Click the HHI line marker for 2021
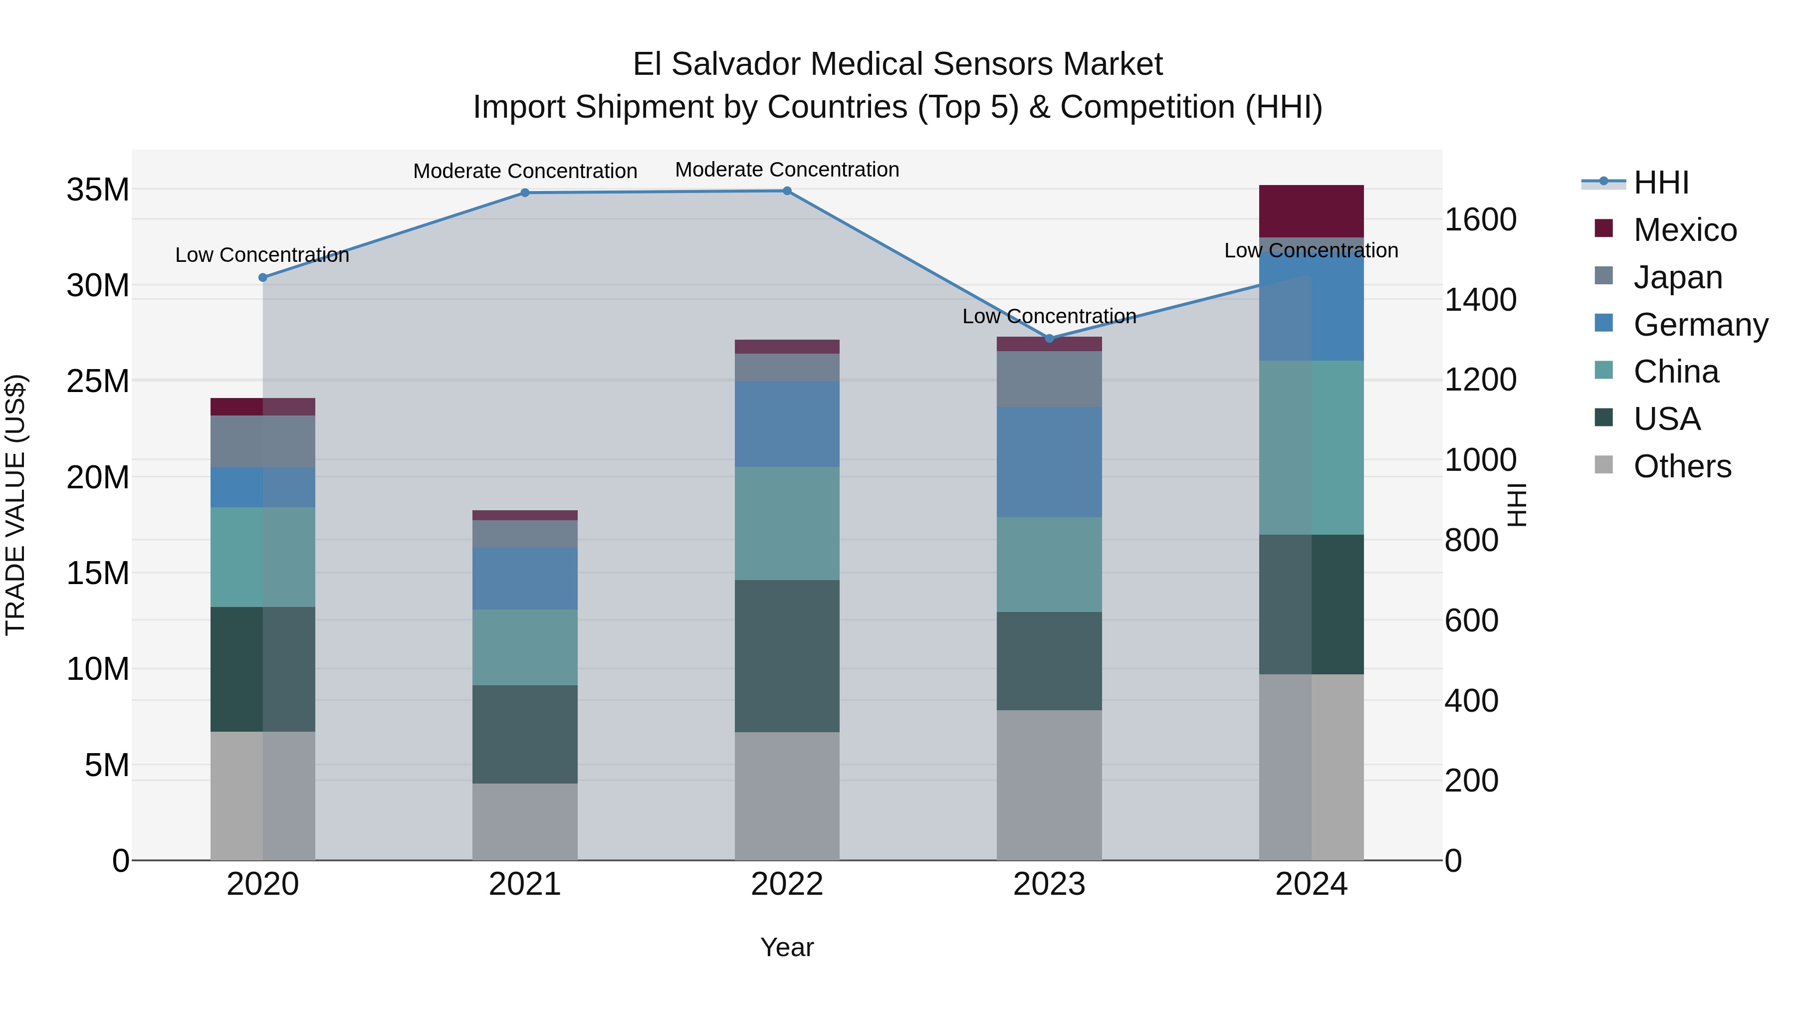pyautogui.click(x=525, y=193)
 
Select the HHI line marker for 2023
pyautogui.click(x=1049, y=339)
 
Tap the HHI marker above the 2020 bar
pyautogui.click(x=263, y=277)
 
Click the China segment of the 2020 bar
pyautogui.click(x=263, y=557)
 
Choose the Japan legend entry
pyautogui.click(x=1677, y=277)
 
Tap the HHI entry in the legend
pyautogui.click(x=1661, y=183)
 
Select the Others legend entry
pyautogui.click(x=1682, y=466)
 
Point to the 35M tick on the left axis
pyautogui.click(x=98, y=190)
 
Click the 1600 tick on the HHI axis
pyautogui.click(x=1480, y=219)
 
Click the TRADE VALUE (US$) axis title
pyautogui.click(x=15, y=505)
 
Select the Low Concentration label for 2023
pyautogui.click(x=1049, y=316)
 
